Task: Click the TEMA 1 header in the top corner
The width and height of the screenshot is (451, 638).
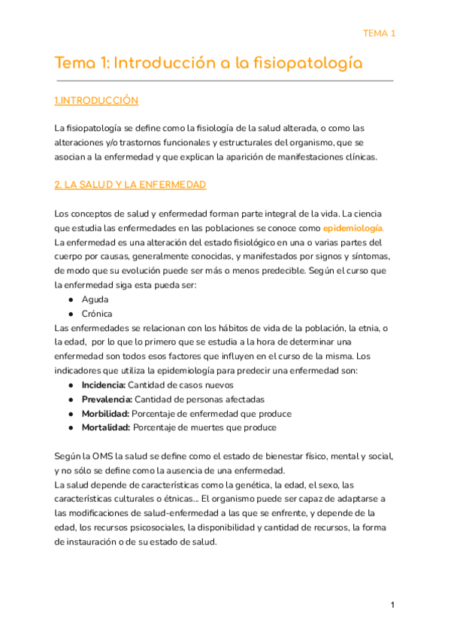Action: [x=379, y=33]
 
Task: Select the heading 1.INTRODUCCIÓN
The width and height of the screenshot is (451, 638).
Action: [x=96, y=100]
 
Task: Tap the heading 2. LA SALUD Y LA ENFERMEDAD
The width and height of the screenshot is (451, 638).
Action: [x=131, y=184]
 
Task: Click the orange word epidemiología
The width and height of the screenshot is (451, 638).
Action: [x=355, y=227]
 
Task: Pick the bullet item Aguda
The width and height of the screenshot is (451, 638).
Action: [x=95, y=299]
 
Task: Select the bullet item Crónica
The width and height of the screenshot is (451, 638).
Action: [x=98, y=314]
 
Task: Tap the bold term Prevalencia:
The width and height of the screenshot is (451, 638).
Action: [x=106, y=400]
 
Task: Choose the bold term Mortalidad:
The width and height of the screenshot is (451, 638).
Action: [x=105, y=428]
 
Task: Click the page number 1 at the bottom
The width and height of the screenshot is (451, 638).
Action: [x=392, y=606]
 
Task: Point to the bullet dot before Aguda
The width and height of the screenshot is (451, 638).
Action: [x=70, y=299]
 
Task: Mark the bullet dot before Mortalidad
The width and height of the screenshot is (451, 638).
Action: [x=70, y=428]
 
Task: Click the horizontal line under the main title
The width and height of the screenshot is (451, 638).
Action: [x=224, y=80]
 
